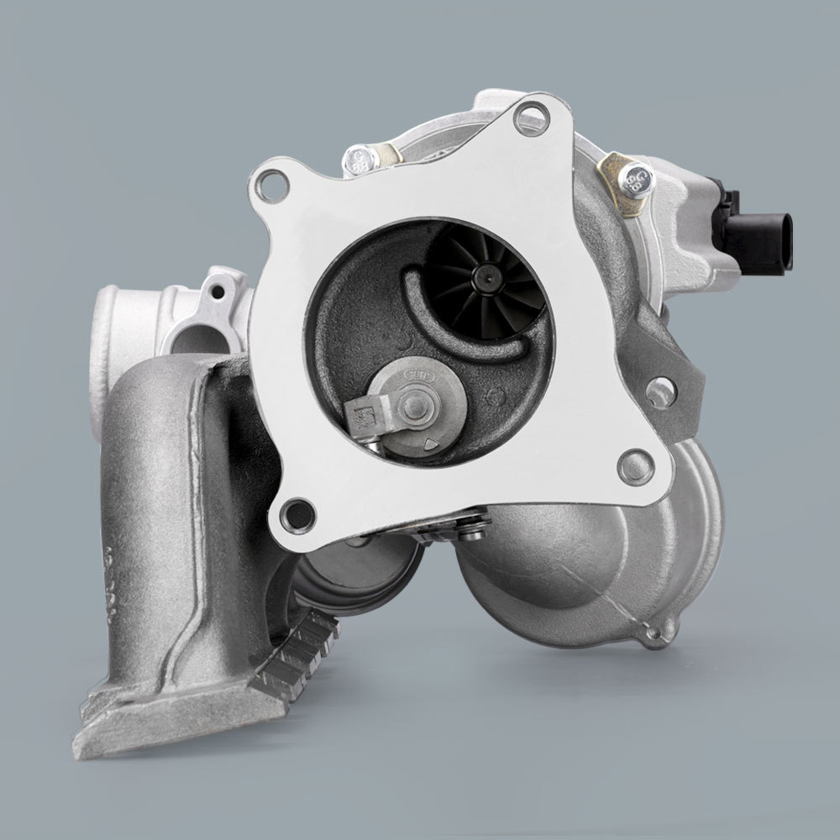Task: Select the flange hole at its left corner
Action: (270, 184)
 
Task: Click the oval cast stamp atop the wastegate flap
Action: (418, 370)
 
